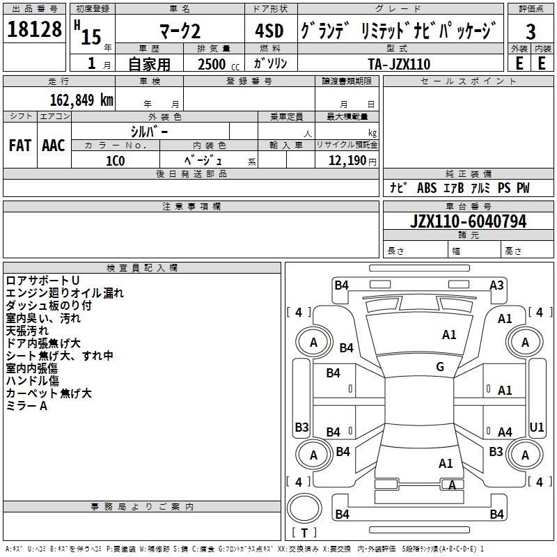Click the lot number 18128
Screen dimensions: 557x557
point(34,29)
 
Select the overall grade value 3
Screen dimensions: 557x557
point(531,31)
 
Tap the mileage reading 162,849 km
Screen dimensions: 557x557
point(81,100)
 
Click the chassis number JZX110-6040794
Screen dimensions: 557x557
point(468,221)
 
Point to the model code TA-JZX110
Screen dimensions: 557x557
point(399,64)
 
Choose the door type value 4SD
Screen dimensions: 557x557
point(269,31)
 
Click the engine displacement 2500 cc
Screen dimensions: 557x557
point(219,64)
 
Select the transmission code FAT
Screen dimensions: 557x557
point(20,146)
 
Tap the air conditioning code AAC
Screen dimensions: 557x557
point(54,146)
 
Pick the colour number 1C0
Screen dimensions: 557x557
point(116,161)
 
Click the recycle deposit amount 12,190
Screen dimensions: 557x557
point(347,161)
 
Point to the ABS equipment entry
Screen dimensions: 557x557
point(427,188)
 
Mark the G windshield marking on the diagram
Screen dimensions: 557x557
point(440,367)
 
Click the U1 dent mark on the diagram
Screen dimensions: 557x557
point(536,427)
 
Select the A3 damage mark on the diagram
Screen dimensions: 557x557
point(496,285)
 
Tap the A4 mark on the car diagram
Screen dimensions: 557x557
point(505,432)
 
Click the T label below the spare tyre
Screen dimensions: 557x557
point(304,533)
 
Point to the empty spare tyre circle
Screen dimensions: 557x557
point(304,508)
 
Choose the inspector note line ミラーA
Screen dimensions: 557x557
point(26,406)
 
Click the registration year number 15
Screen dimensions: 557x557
point(91,37)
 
